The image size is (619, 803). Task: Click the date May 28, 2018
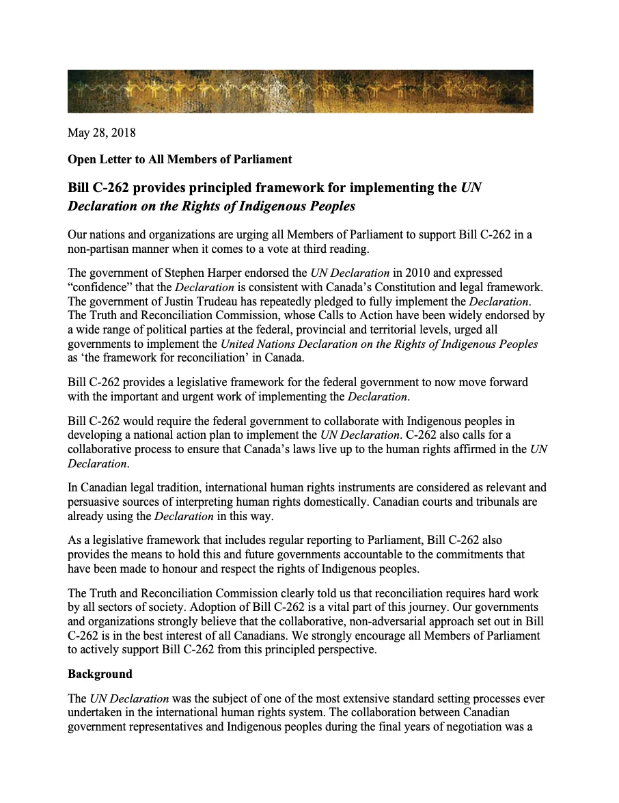coord(101,133)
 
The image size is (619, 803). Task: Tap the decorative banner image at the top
coord(300,91)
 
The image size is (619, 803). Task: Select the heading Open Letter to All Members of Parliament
coord(179,159)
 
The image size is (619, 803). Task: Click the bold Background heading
coord(100,674)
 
